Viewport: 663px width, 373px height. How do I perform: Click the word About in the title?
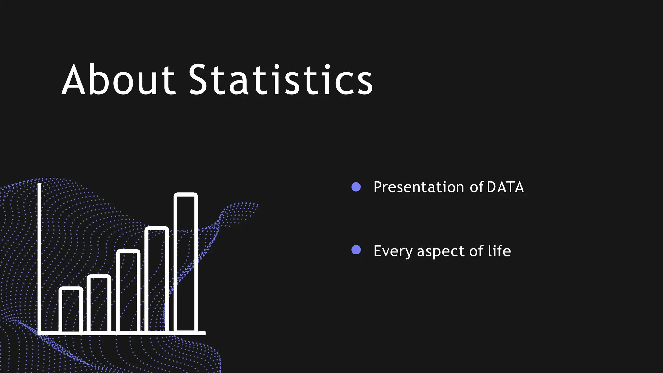point(118,80)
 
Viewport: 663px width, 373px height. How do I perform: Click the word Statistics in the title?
point(280,80)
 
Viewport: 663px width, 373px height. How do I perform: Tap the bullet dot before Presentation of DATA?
point(356,187)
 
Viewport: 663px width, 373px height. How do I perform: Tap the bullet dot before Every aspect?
point(356,250)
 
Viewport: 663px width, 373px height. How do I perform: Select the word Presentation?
point(419,187)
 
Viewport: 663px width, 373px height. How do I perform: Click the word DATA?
point(505,187)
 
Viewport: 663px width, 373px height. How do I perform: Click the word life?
point(499,251)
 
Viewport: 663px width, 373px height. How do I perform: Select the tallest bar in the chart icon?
point(186,262)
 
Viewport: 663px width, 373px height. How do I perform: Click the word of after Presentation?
point(477,187)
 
